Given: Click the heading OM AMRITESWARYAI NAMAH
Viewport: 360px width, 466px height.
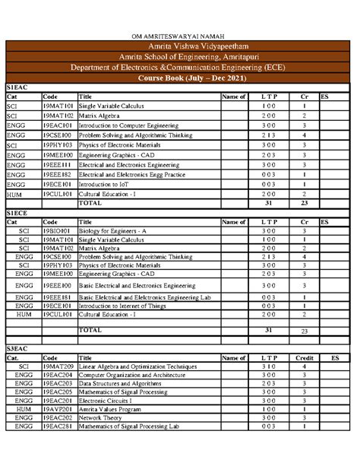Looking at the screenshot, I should [x=181, y=36].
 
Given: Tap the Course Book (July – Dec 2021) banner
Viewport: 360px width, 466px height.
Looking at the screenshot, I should [x=181, y=78].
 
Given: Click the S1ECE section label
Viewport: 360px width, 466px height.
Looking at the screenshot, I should [x=17, y=214].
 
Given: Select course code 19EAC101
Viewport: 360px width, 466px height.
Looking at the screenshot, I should [x=57, y=125].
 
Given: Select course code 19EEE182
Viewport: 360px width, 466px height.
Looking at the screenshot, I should [x=57, y=173].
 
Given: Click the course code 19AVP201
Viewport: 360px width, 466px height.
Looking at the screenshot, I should [x=57, y=407].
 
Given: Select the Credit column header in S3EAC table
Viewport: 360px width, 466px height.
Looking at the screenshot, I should [x=304, y=357].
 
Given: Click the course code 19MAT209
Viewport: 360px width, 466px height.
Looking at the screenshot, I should [x=57, y=366].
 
